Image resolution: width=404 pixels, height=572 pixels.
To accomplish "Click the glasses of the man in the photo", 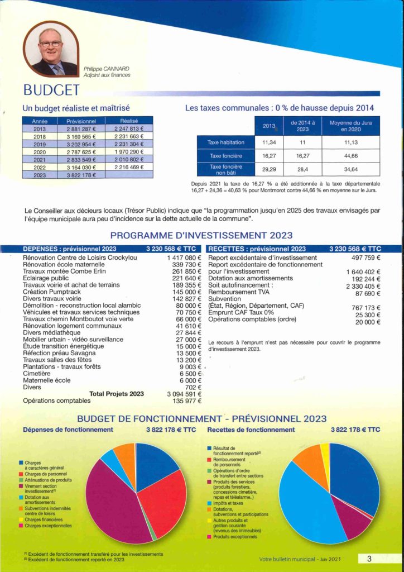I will tap(50, 44).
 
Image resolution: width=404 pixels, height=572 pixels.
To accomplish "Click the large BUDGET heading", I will tap(51, 90).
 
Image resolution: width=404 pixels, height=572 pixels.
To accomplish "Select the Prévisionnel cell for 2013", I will tap(81, 128).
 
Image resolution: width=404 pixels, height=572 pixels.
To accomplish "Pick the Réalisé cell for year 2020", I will tap(129, 152).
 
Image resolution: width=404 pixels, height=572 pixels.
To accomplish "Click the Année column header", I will tap(40, 121).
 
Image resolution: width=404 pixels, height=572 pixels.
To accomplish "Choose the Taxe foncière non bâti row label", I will tap(225, 169).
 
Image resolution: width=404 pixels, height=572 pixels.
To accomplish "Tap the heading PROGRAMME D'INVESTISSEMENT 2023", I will tap(201, 236).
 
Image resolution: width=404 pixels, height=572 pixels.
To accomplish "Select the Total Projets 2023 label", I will tap(117, 394).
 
